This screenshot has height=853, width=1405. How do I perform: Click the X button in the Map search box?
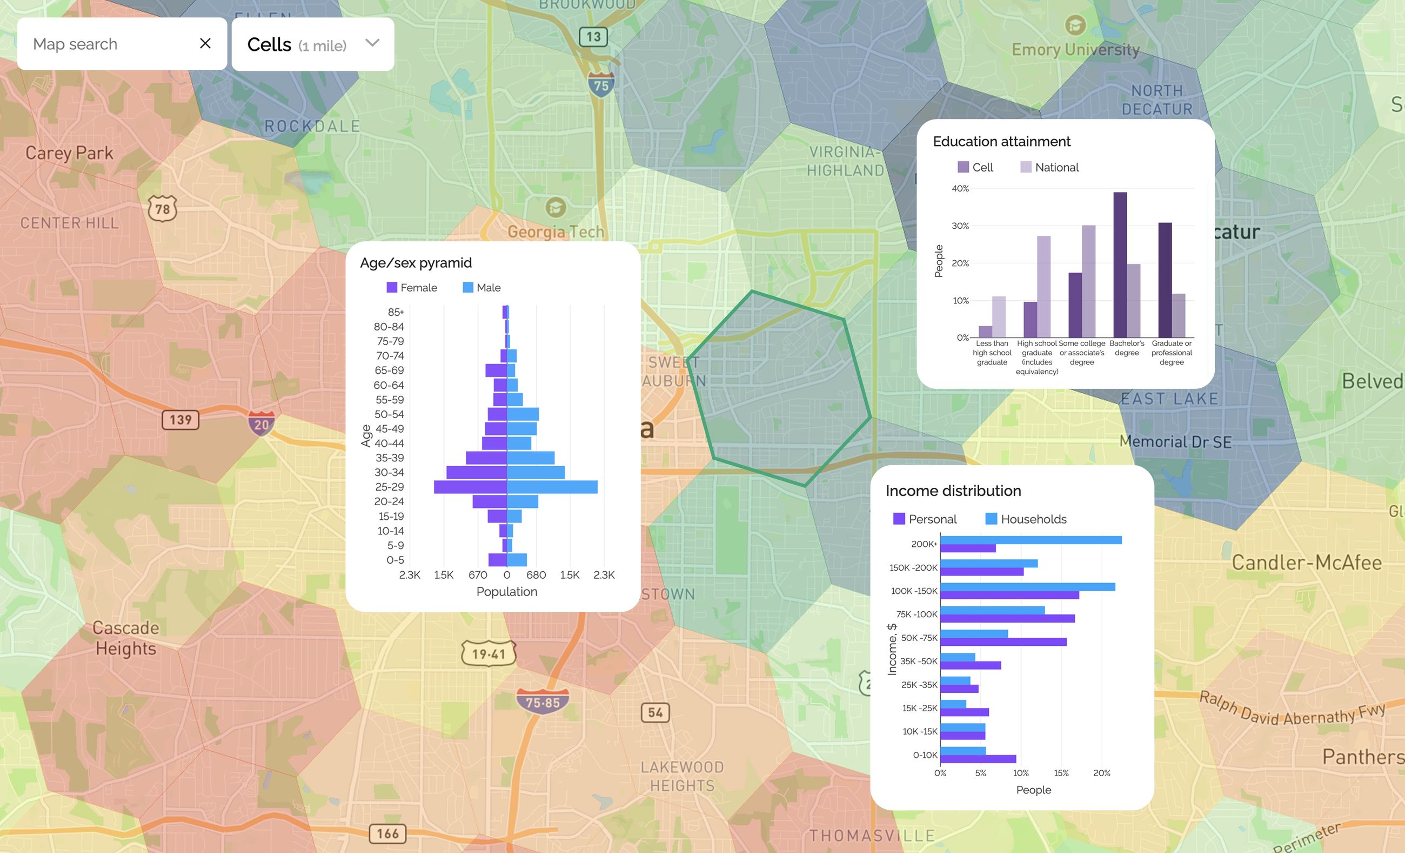tap(205, 43)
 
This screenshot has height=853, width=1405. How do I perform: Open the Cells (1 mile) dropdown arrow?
tap(372, 43)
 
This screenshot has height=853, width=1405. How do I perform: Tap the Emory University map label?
tap(1075, 50)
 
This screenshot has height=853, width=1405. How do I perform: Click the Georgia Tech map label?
tap(555, 232)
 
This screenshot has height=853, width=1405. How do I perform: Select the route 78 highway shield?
tap(163, 209)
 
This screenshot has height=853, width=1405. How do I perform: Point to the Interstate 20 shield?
tap(261, 424)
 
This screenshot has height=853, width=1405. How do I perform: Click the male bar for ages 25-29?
tap(552, 487)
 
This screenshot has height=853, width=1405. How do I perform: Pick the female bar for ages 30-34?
tap(476, 472)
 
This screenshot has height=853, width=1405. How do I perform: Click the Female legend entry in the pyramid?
tap(412, 288)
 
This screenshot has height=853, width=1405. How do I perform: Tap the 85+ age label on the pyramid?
tap(395, 312)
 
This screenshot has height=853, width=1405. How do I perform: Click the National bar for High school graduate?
tap(1043, 287)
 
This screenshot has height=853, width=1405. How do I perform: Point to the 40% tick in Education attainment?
tap(960, 188)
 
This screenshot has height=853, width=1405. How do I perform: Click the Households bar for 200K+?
tap(1031, 540)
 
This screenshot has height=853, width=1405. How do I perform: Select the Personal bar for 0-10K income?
tap(978, 759)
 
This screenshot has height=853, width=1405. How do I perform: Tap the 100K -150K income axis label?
tap(913, 591)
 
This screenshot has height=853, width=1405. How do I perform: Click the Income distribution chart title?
tap(953, 491)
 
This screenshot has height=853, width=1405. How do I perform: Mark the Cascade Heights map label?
tap(126, 638)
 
